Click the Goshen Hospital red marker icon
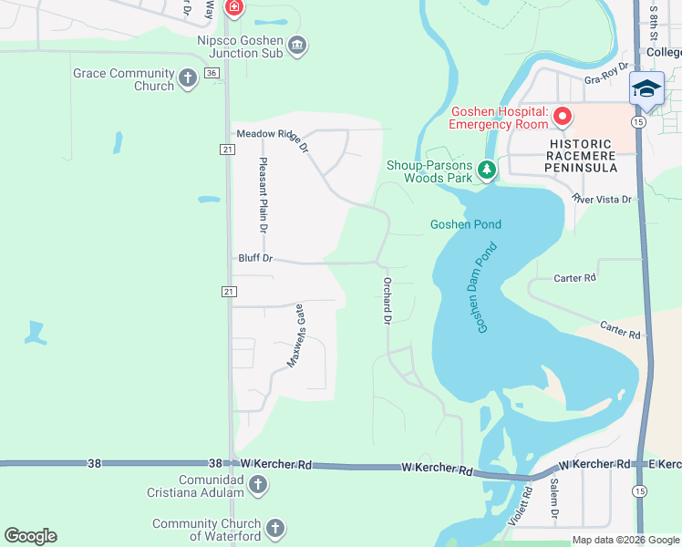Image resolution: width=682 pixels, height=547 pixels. click(x=563, y=116)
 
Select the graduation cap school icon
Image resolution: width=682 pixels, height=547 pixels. click(x=646, y=88)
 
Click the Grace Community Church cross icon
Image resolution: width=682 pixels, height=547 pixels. click(x=188, y=78)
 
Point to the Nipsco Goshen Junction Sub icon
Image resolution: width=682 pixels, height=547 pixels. click(x=297, y=46)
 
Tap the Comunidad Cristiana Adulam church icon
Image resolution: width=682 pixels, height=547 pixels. click(x=258, y=484)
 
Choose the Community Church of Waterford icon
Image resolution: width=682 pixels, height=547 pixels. click(x=274, y=529)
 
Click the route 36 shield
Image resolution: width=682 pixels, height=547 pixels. click(x=212, y=73)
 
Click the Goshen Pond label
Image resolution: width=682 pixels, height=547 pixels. click(x=466, y=224)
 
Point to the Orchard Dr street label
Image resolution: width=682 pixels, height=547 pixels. click(x=387, y=301)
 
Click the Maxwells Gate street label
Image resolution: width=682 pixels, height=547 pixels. click(x=295, y=335)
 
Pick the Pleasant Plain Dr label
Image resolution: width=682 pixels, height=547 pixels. click(x=263, y=195)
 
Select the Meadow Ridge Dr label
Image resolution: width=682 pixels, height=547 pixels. click(x=273, y=135)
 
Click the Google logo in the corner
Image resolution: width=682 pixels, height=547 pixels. click(x=30, y=536)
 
